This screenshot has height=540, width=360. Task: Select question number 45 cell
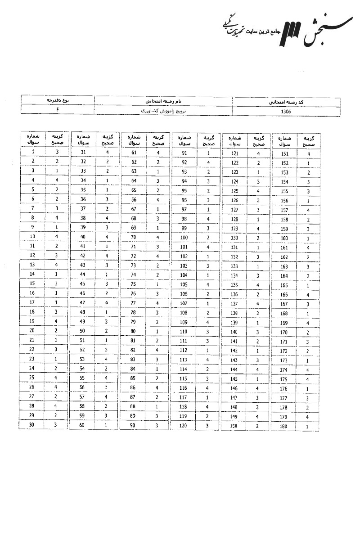point(84,283)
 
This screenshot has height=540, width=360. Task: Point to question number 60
point(83,425)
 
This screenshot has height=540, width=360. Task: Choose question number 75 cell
point(134,284)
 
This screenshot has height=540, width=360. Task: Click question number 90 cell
point(133,425)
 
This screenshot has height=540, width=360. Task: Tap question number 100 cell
point(184,237)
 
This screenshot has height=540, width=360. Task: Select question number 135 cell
point(235,285)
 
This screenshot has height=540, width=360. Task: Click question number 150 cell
point(234,426)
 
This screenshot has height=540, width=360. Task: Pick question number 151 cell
point(284,154)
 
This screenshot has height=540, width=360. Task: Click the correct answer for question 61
point(158,153)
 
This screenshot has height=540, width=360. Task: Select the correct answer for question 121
point(258,154)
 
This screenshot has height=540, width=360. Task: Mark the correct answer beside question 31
point(108,152)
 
